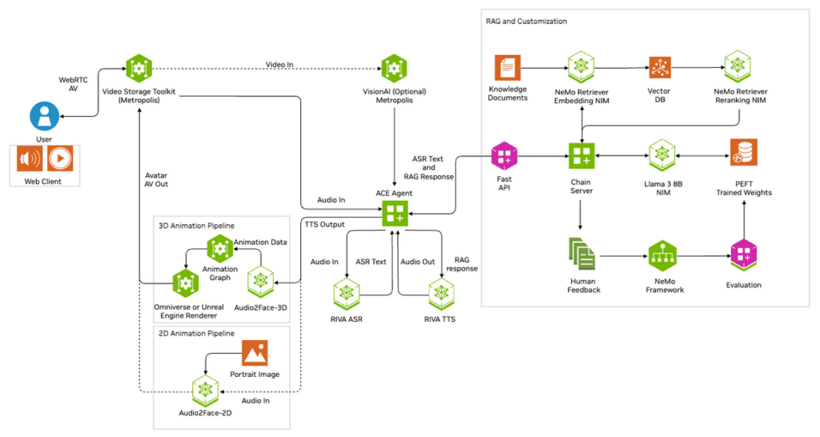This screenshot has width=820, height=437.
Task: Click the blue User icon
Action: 44,116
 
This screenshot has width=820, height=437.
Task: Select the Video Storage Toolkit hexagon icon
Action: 139,70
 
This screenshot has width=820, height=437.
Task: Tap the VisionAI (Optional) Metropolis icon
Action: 392,70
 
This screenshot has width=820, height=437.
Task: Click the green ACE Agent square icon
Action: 394,214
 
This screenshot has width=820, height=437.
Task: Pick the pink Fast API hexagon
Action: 504,154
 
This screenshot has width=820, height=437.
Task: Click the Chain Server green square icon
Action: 581,154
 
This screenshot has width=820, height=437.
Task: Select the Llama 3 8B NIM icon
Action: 663,154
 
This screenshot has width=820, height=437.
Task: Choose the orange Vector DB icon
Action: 659,68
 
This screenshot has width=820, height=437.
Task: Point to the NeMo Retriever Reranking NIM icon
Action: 737,67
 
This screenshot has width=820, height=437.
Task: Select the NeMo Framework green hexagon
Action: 661,255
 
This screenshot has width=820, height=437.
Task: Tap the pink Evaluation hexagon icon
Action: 743,256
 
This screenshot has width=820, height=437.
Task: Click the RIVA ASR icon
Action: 347,293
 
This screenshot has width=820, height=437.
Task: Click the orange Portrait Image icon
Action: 254,353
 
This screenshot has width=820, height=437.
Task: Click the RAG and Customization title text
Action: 526,22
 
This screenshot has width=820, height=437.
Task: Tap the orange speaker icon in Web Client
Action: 30,159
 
